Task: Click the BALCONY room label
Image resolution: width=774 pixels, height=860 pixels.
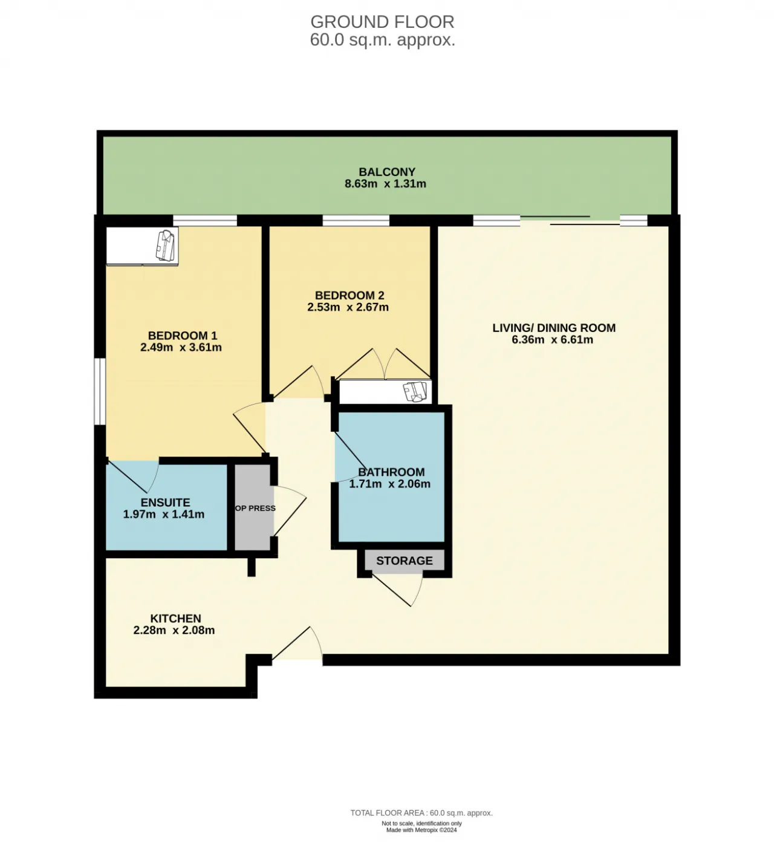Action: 387,172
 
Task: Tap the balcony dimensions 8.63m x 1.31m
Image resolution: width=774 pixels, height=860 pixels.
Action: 386,184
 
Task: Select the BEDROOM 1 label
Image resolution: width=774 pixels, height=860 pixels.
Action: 183,335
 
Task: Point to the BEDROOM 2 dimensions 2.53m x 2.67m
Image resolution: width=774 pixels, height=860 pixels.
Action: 348,307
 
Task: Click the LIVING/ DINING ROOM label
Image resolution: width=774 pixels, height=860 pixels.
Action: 554,328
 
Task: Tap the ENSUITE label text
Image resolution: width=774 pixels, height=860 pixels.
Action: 165,503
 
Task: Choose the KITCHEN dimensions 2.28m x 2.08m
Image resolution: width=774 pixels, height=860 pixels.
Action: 174,630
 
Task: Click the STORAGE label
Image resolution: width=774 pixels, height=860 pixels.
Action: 405,561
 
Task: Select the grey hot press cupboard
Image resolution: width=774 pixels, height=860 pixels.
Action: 252,507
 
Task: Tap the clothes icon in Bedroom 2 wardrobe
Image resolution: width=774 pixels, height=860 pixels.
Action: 415,392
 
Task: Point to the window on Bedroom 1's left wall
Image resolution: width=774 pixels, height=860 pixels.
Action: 100,392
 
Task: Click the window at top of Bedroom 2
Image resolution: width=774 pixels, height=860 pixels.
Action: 356,220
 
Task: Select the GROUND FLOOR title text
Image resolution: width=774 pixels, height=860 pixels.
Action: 382,21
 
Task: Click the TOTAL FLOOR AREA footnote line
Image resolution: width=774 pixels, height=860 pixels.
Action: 421,813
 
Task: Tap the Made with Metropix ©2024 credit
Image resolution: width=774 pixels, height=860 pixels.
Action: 421,830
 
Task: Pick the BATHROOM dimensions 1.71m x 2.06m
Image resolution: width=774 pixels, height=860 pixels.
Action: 390,484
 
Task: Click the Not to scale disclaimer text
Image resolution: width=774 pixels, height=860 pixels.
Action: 421,824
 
